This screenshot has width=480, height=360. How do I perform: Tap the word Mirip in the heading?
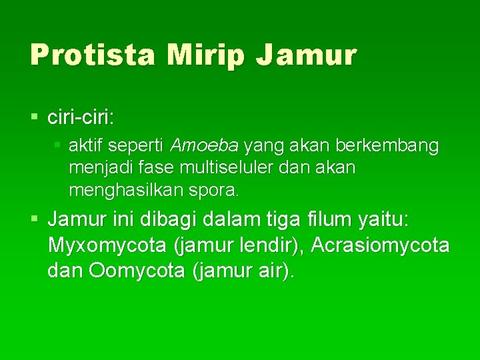[x=207, y=54]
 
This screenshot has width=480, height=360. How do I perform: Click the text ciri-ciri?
[x=81, y=118]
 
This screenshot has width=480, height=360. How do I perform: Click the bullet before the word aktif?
[x=58, y=145]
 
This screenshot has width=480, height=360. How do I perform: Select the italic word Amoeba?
[x=206, y=145]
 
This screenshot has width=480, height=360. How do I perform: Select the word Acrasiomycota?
[x=380, y=245]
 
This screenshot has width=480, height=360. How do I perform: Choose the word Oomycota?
[x=132, y=272]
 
